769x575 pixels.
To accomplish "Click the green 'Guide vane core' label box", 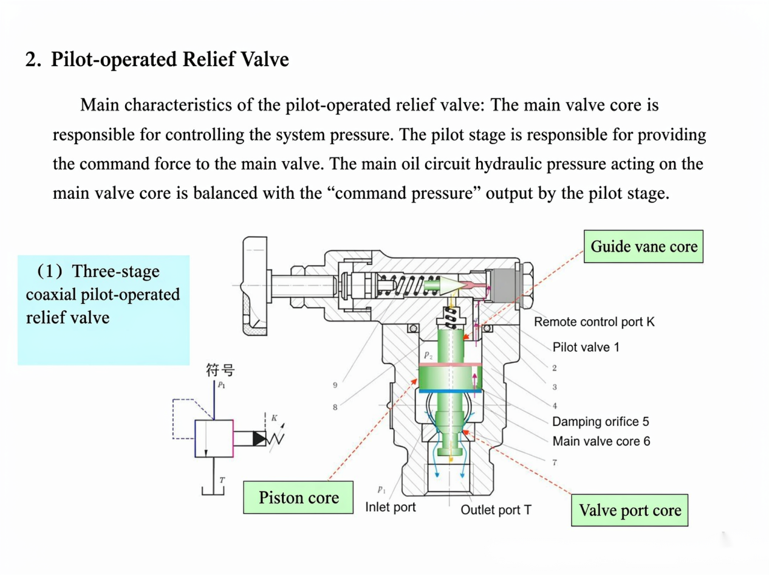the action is click(643, 246).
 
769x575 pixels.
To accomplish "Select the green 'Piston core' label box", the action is click(298, 497).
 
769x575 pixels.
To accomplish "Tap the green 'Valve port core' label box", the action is click(629, 510).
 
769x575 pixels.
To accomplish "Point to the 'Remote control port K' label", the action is click(594, 322).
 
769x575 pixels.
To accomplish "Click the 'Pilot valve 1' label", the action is click(586, 347).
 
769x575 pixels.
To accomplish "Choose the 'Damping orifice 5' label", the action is click(601, 421).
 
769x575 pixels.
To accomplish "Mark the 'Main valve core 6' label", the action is click(601, 441).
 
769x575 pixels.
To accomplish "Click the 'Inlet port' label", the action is click(391, 507).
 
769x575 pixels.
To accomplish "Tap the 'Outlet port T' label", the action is click(496, 510).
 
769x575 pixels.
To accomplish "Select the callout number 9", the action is click(335, 385).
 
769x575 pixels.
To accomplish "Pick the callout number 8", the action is click(335, 407).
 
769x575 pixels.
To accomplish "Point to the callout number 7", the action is click(555, 463).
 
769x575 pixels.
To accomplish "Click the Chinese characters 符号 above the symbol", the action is click(220, 370).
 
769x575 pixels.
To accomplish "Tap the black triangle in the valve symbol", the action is click(259, 439).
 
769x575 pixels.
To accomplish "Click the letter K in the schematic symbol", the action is click(275, 418).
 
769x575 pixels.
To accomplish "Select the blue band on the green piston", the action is click(450, 391).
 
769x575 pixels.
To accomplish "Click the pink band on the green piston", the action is click(450, 365).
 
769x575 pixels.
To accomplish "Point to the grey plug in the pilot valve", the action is click(504, 286).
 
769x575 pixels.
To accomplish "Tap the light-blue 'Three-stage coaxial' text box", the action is click(104, 310).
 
